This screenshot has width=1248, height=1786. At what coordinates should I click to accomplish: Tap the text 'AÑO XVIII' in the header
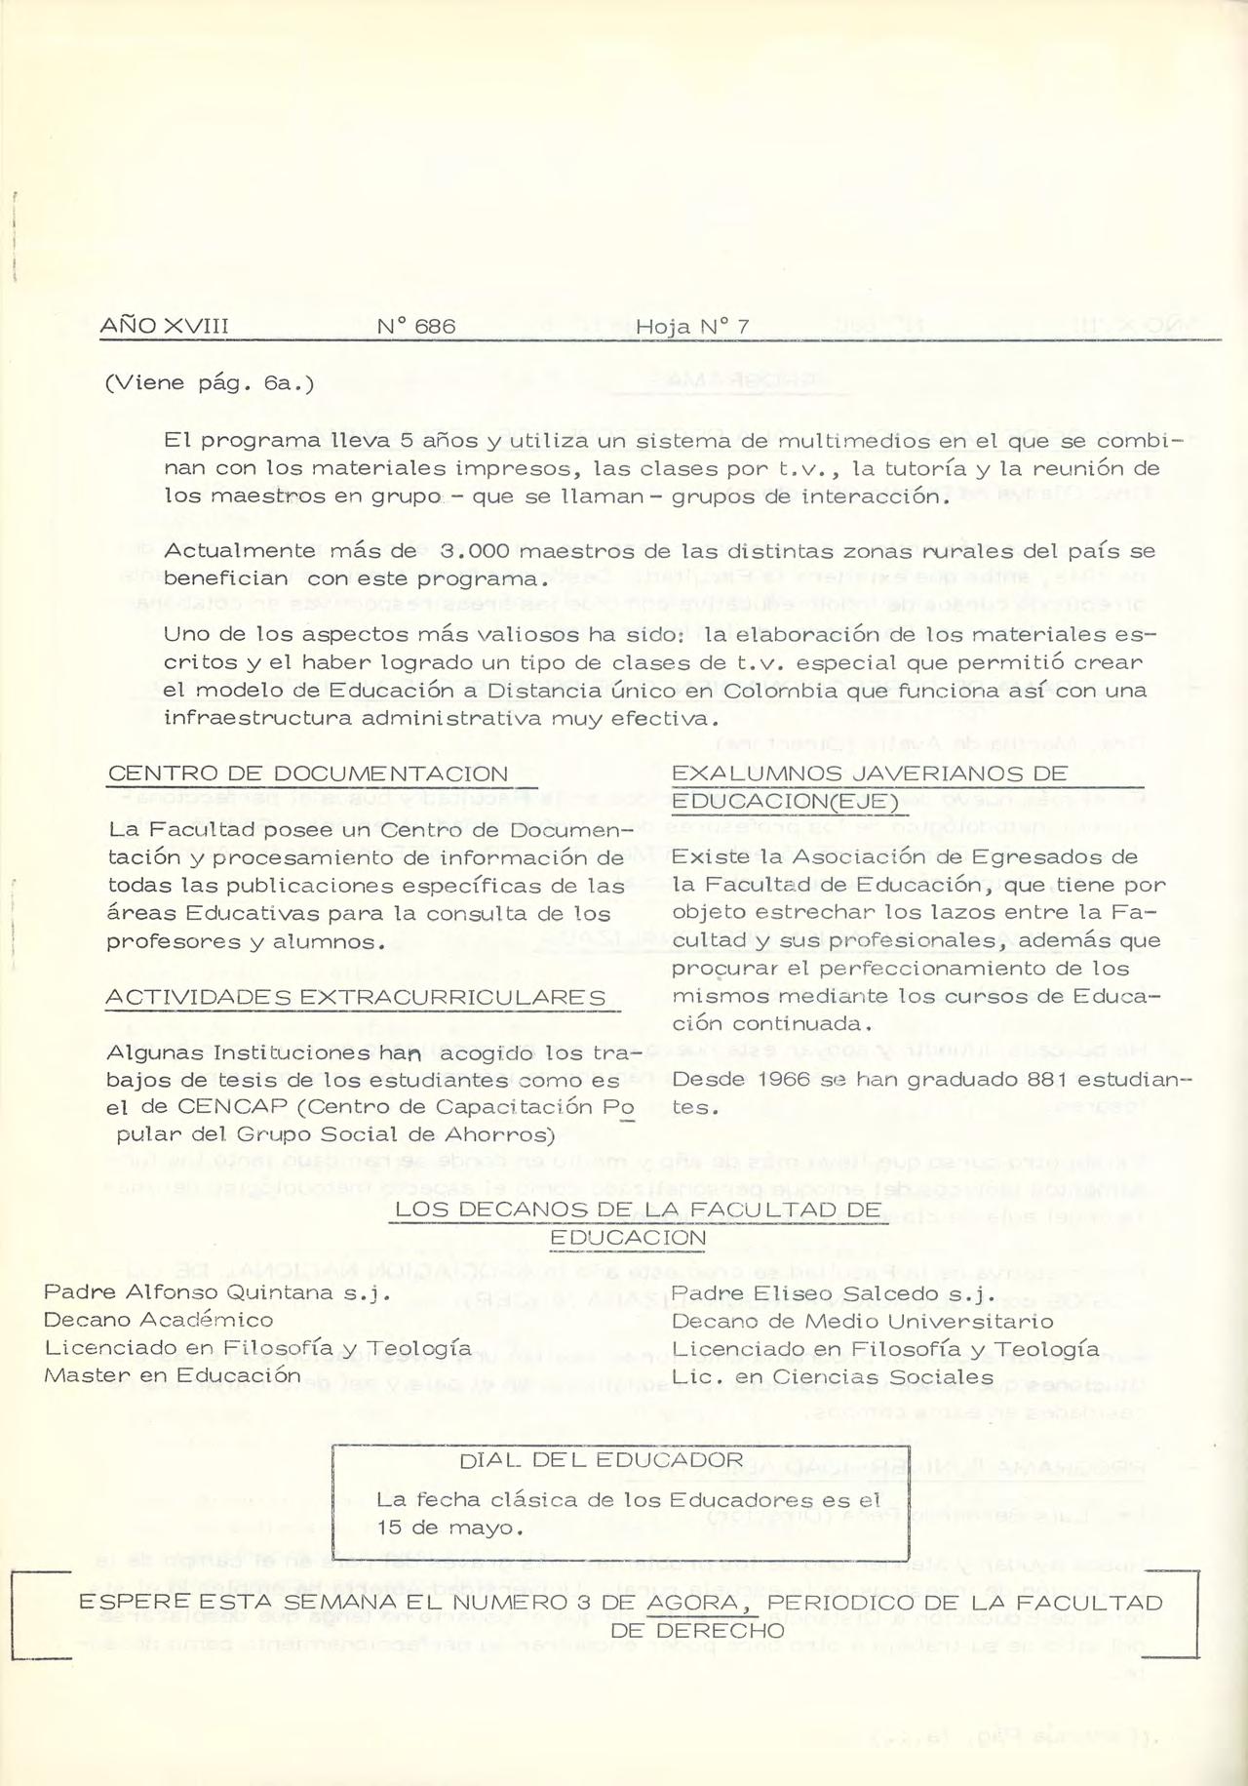(164, 327)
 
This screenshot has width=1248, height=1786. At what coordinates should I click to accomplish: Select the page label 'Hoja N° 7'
(692, 327)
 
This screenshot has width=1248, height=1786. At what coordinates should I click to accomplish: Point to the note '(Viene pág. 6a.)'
(209, 383)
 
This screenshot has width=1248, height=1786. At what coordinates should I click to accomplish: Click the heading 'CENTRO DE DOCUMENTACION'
(308, 774)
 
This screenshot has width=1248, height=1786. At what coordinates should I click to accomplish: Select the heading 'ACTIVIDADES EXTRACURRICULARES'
(356, 998)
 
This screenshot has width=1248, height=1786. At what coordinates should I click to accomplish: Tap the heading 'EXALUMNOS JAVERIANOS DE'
(870, 774)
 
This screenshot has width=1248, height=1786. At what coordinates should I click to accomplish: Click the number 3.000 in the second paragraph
(475, 551)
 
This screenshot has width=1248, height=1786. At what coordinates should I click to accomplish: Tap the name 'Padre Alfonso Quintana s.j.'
(216, 1293)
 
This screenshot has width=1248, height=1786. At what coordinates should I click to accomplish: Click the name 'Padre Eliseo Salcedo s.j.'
(832, 1294)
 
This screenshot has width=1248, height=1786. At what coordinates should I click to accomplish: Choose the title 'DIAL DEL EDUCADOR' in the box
(601, 1460)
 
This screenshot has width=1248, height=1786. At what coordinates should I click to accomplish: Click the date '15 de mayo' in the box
(449, 1528)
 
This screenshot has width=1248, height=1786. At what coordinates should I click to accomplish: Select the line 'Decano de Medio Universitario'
(863, 1322)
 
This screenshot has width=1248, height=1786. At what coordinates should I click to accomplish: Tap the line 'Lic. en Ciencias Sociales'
(833, 1377)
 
